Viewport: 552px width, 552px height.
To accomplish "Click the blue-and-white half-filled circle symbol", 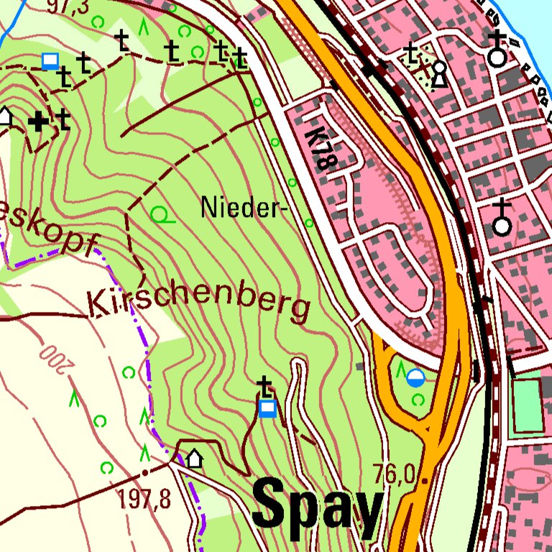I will tap(416, 377).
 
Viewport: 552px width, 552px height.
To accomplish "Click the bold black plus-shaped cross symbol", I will tap(40, 121).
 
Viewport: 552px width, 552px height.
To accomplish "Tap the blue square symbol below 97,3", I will tap(50, 60).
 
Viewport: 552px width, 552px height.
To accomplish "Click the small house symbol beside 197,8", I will tap(195, 458).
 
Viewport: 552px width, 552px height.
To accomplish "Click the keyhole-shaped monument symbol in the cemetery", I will tap(438, 73).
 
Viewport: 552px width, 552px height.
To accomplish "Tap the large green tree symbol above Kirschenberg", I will tap(162, 214).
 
